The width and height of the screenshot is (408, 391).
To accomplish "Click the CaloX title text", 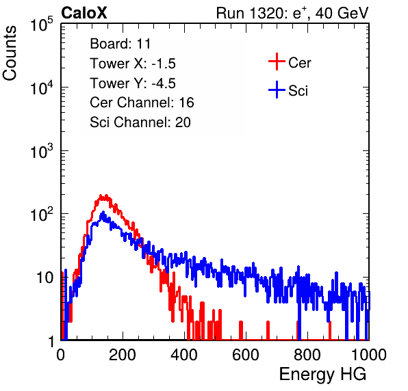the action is click(84, 13).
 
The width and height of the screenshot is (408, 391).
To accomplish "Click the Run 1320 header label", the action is click(292, 13).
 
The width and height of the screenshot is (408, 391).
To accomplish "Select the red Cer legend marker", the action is click(277, 62).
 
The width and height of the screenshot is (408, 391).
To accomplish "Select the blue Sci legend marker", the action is click(277, 90).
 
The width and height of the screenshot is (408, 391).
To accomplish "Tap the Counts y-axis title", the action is click(10, 53).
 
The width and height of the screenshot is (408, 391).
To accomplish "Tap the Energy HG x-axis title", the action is click(322, 375).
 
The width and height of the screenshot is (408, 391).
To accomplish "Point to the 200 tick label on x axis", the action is click(123, 355).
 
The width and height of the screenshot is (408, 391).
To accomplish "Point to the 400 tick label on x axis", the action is click(184, 355).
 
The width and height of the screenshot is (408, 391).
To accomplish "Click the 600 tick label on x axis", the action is click(246, 355).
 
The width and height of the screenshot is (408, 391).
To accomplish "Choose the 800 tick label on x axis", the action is click(307, 355).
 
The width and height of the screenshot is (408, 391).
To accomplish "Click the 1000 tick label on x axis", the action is click(369, 355).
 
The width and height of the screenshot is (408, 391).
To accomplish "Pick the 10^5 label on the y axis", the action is click(42, 24).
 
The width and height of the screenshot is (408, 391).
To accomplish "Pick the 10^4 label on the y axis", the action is click(42, 87).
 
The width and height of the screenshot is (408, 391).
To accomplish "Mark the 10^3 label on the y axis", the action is click(42, 150).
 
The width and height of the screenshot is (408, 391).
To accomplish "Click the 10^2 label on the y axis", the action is click(42, 214).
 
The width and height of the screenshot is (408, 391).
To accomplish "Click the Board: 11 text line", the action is click(120, 44).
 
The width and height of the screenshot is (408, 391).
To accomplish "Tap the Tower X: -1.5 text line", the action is click(133, 64).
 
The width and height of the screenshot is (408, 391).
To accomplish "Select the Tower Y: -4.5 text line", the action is click(133, 83).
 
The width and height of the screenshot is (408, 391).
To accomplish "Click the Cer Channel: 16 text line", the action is click(142, 103).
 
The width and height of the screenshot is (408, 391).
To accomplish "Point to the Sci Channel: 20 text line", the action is click(140, 122).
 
